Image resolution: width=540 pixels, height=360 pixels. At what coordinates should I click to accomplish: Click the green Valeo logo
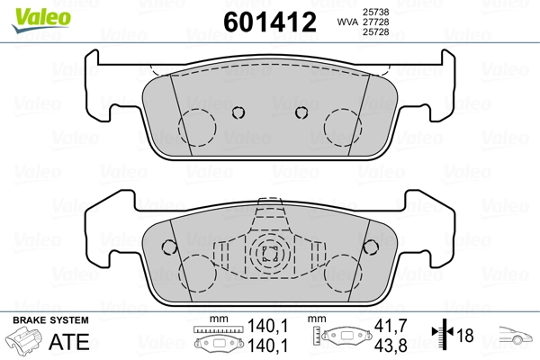click(41, 19)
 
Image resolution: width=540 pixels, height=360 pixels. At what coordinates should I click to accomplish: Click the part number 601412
click(270, 22)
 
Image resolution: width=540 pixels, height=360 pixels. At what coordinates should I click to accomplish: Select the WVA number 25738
click(375, 12)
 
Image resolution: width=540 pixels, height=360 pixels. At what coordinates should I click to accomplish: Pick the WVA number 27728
click(375, 22)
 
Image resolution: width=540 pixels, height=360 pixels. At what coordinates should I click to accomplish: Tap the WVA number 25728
click(375, 32)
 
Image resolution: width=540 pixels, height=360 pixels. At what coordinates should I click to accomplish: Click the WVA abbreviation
click(347, 22)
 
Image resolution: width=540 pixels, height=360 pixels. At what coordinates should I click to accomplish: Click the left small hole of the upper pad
click(238, 112)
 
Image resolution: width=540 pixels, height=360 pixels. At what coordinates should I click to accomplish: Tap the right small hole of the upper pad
click(301, 112)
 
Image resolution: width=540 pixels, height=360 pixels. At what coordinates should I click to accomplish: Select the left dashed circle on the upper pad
click(197, 128)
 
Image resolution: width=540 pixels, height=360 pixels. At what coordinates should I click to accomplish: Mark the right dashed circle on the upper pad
click(343, 128)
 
